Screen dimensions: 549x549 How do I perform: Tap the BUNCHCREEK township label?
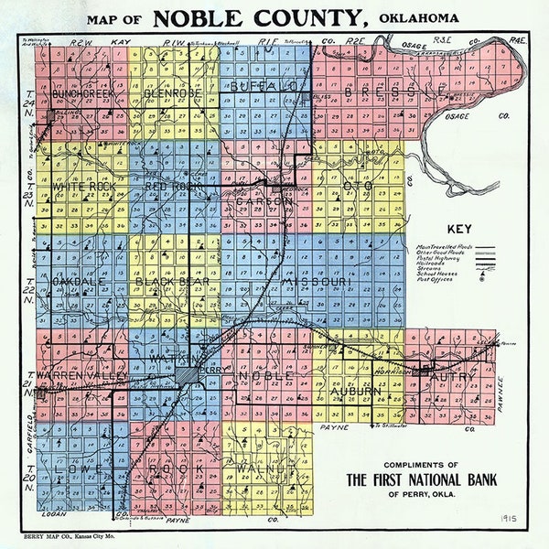tap(82, 93)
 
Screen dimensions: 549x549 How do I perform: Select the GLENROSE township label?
tap(173, 93)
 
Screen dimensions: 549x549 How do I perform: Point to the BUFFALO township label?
tap(264, 86)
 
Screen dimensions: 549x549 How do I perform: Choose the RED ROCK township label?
tap(174, 187)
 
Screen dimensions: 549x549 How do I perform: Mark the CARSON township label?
tap(264, 199)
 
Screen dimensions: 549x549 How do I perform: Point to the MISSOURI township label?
tap(316, 283)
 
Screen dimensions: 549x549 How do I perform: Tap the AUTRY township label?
tap(448, 377)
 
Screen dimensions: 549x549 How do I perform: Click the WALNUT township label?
tap(263, 469)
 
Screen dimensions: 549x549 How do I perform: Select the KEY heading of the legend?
tap(459, 230)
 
